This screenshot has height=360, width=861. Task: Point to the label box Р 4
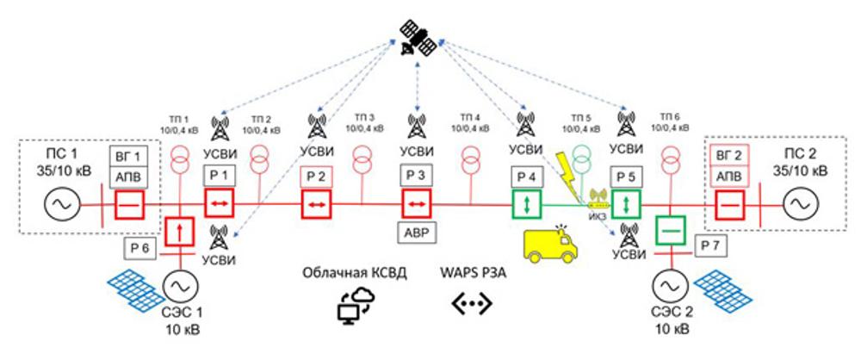click(524, 177)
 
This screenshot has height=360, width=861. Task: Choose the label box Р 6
click(140, 248)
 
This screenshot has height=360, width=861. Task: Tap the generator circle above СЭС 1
click(180, 284)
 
